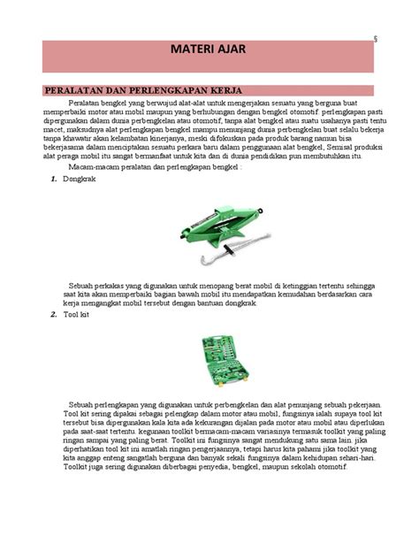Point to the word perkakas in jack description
click(118, 286)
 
